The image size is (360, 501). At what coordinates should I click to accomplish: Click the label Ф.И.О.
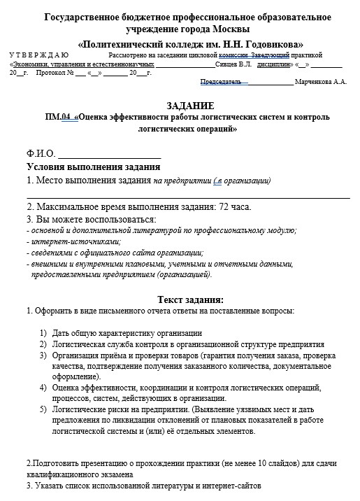click(x=40, y=153)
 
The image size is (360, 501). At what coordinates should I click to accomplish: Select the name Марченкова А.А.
click(x=322, y=82)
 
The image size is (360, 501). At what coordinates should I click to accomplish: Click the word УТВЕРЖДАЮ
click(x=39, y=54)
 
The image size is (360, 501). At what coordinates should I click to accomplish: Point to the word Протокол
click(x=50, y=72)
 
